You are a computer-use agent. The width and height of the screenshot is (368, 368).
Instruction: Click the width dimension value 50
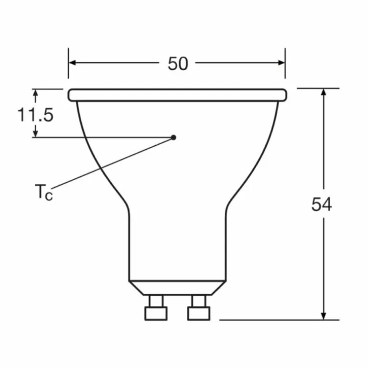[x=178, y=64]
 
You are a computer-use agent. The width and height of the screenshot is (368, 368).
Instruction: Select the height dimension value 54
[x=321, y=204]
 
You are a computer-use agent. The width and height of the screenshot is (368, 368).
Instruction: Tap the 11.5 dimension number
[x=35, y=115]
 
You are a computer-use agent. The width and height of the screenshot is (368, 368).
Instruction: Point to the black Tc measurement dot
[x=173, y=137]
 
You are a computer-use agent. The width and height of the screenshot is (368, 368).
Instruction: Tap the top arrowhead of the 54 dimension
[x=324, y=93]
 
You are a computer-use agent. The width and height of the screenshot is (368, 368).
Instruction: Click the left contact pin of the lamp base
[x=156, y=308]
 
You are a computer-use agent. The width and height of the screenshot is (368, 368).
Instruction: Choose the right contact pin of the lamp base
[x=198, y=308]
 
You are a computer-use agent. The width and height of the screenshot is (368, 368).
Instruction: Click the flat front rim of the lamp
[x=177, y=95]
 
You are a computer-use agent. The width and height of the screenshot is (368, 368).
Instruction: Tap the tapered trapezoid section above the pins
[x=177, y=287]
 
